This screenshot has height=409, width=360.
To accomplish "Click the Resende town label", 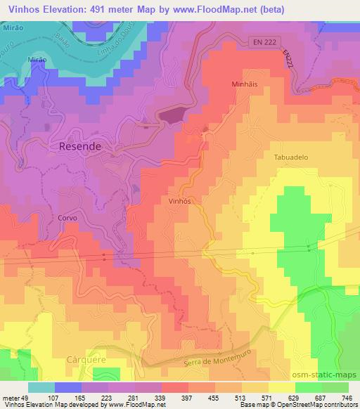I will pyautogui.click(x=75, y=147).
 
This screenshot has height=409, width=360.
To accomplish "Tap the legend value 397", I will pyautogui.click(x=187, y=397).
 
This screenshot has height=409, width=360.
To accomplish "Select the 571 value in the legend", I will pyautogui.click(x=263, y=397).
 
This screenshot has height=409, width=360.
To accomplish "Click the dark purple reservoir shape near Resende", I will pyautogui.click(x=173, y=115).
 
